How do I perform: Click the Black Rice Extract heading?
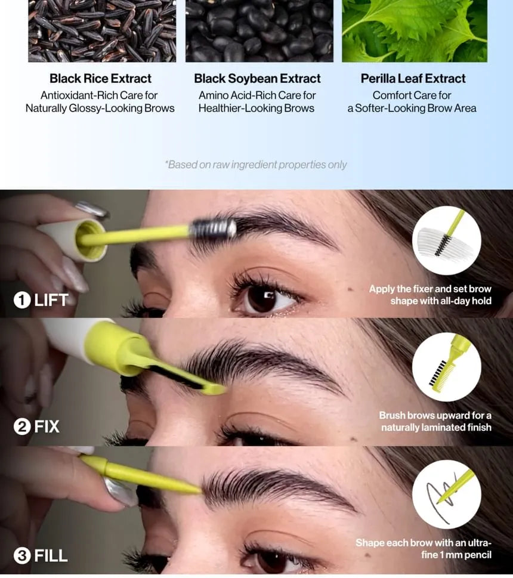(100, 79)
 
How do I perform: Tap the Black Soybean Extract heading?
(257, 79)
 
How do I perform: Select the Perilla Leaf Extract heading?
(413, 79)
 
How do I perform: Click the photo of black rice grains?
(102, 31)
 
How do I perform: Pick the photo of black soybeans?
(259, 31)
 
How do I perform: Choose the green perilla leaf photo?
(415, 31)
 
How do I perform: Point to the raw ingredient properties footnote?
(256, 165)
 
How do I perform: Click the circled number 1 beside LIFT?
(21, 300)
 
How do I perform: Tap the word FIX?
(47, 427)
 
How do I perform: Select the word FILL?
(51, 556)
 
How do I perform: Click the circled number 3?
(21, 556)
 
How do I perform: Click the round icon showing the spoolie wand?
(446, 240)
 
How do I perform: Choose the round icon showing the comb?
(446, 367)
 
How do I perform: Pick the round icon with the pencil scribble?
(446, 494)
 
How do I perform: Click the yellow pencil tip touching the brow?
(197, 490)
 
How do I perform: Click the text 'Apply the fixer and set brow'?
(430, 289)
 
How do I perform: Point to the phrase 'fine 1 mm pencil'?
(456, 555)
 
